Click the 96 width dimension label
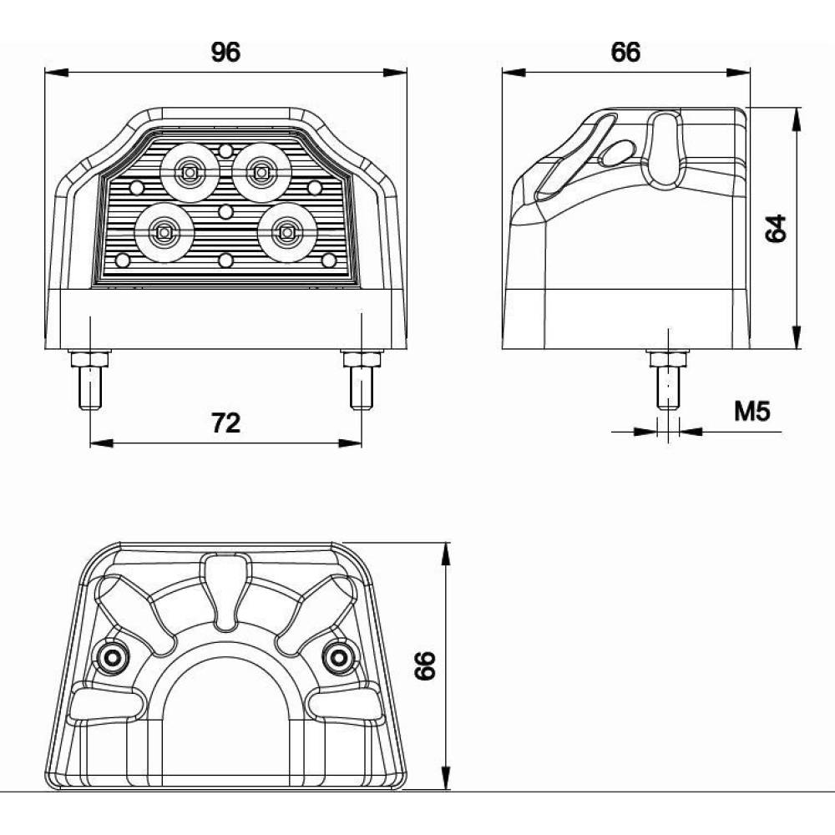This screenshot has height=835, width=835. click(x=225, y=52)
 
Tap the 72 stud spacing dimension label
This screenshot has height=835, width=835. click(x=225, y=423)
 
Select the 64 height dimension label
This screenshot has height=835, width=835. click(x=776, y=229)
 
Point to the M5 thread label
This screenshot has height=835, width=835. click(x=752, y=411)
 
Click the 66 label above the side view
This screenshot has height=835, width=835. click(x=625, y=52)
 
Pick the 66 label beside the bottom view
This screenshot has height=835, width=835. click(x=425, y=665)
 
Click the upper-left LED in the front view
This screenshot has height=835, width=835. click(x=190, y=173)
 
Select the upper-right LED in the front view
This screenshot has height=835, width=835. click(x=261, y=173)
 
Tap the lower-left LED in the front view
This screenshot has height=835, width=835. click(x=164, y=233)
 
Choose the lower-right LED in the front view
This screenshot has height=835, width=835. click(x=287, y=233)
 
